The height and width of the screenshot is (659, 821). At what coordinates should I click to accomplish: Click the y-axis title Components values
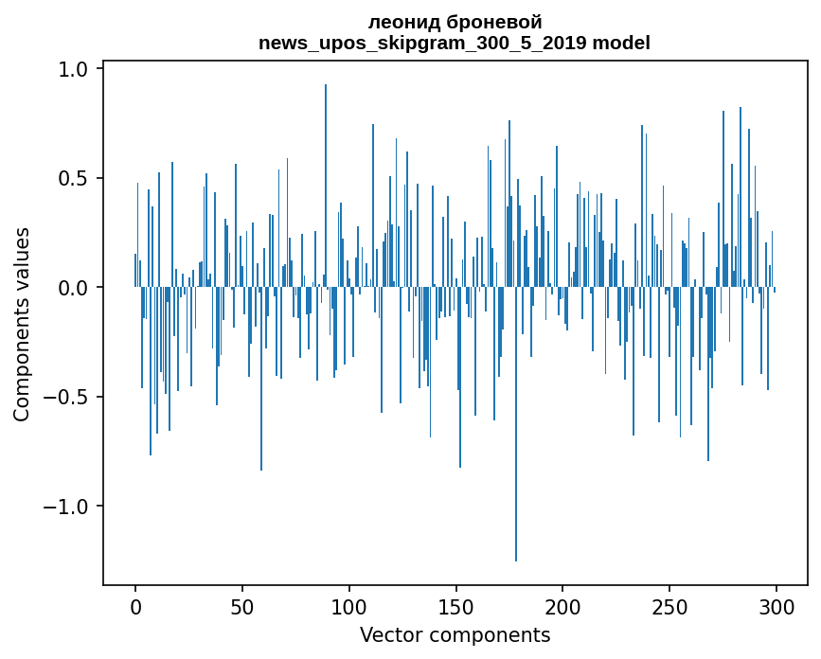[22, 324]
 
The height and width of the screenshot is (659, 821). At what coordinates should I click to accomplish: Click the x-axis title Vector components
[455, 634]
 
